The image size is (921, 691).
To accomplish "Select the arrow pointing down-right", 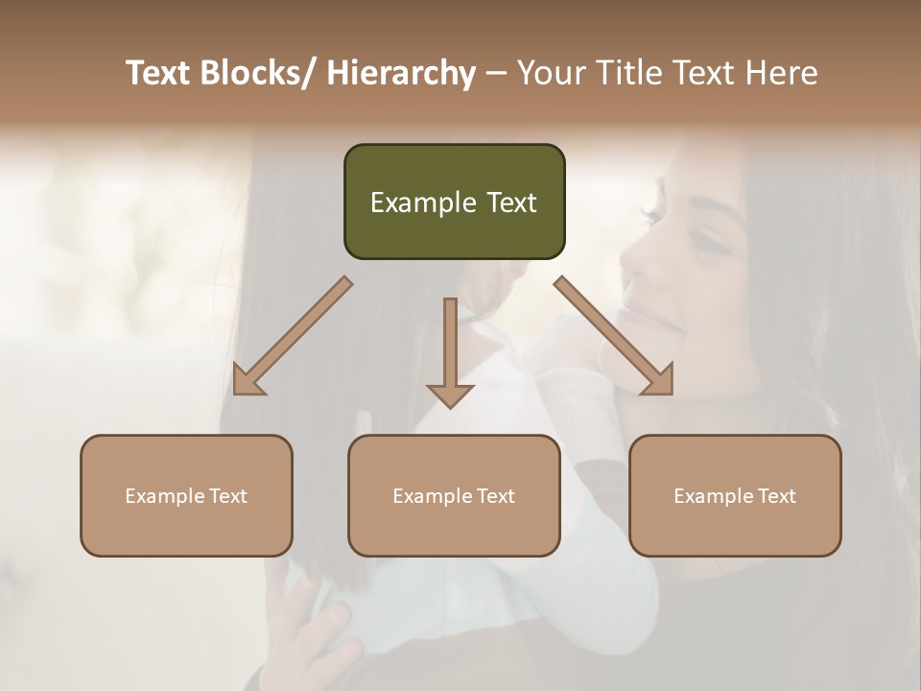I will point(614,337).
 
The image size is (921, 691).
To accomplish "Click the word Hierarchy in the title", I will point(401,74).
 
